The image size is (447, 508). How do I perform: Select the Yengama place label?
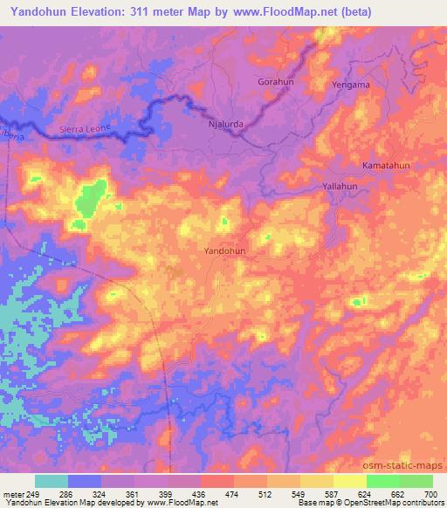point(352,85)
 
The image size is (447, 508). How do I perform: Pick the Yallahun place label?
point(340,188)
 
